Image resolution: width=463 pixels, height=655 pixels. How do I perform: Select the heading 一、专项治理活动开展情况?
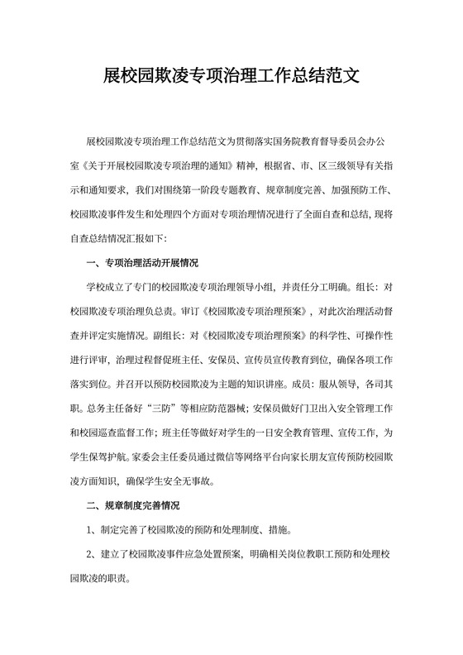[142, 265]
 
